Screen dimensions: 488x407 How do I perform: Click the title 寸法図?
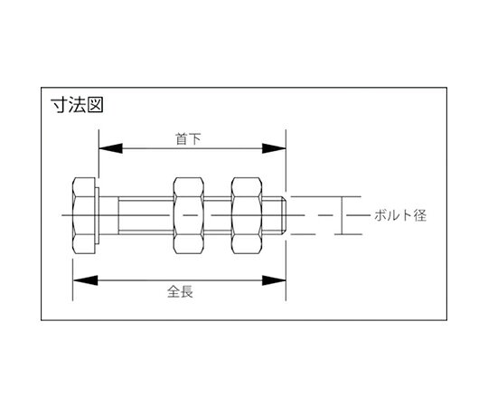[77, 105]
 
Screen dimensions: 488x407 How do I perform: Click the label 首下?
[188, 139]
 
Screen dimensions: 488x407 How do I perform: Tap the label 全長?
[180, 292]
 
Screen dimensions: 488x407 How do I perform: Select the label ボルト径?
[400, 215]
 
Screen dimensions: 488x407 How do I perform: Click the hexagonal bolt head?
[84, 215]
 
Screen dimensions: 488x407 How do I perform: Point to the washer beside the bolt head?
[97, 215]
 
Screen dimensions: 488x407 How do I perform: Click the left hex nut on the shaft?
[189, 215]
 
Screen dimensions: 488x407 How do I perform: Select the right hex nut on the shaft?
[247, 215]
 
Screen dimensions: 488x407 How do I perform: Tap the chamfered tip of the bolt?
[284, 215]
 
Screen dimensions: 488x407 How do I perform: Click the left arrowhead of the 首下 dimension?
[110, 148]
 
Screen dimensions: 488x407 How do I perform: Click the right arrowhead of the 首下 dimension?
[274, 148]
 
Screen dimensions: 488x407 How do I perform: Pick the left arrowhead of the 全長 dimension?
[85, 280]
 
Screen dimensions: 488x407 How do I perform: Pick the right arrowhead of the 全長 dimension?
[274, 280]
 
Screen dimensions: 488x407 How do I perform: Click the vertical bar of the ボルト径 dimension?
[343, 215]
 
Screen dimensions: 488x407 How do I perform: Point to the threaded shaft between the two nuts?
[218, 215]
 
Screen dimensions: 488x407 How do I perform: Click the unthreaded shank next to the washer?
[108, 215]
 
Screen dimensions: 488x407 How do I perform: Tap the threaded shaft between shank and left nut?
[145, 215]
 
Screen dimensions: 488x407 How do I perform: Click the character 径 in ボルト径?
[420, 215]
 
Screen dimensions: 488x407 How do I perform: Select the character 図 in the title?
[95, 105]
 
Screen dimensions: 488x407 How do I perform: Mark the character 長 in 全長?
[187, 292]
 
